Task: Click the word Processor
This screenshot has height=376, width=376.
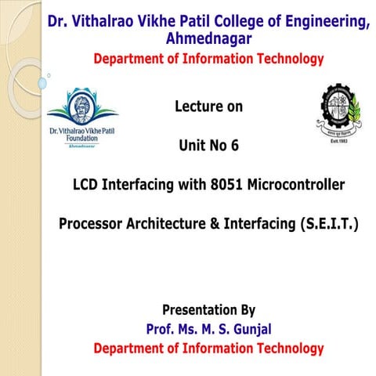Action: point(90,224)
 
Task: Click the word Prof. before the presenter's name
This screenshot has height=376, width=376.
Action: point(163,328)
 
